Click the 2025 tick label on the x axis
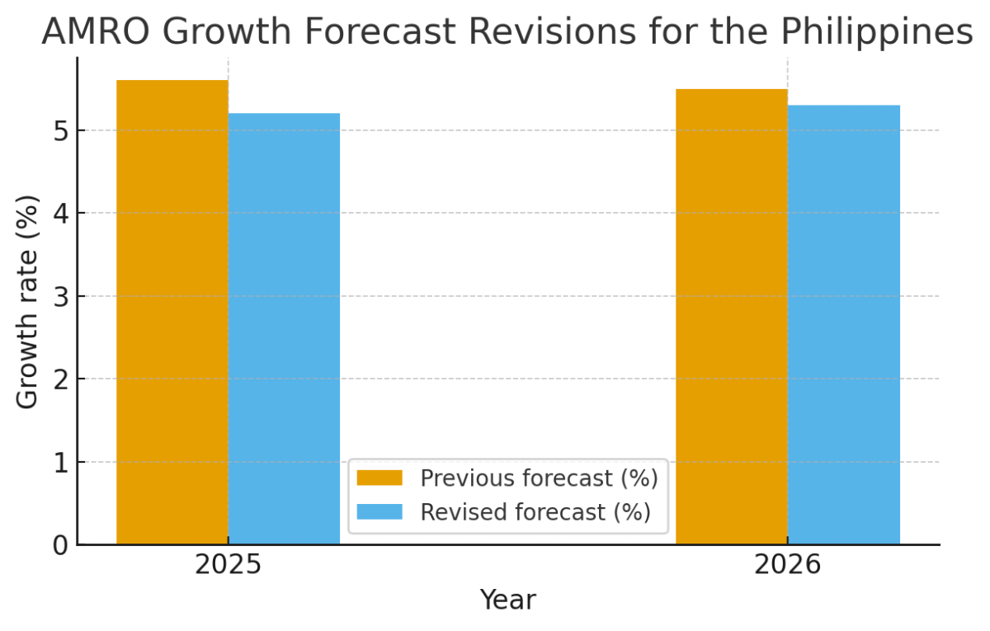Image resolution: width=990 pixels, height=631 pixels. coord(228,566)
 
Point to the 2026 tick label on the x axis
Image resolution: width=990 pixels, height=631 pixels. coord(787,566)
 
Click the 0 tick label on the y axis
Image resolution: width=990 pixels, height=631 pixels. coord(59,545)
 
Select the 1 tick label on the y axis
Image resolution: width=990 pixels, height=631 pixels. coord(59,463)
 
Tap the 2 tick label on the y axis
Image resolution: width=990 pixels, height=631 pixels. coord(59,379)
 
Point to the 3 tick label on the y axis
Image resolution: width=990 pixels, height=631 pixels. coord(59,297)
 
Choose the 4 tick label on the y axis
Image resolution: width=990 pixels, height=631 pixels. coord(59,214)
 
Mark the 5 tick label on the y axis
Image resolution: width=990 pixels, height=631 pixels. coord(59,131)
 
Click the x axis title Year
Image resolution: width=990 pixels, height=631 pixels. coord(507,600)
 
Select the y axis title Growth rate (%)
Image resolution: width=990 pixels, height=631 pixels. coord(28,301)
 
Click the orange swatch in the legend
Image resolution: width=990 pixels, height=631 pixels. coord(379,478)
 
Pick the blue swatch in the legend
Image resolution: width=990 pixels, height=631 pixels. coord(379,512)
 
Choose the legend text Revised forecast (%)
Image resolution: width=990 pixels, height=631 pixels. coord(535,512)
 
